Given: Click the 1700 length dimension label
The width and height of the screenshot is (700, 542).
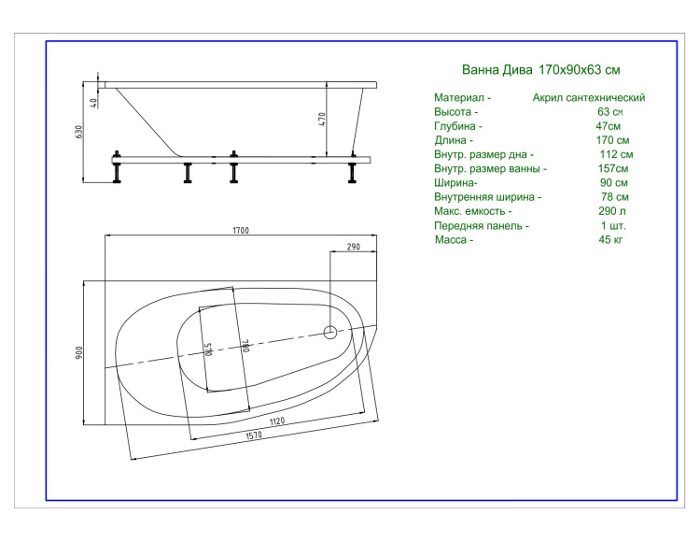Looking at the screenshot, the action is coord(241,231).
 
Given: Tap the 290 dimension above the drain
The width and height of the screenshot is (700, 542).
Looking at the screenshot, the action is coord(353,247).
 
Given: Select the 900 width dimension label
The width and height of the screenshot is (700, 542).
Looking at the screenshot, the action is coord(79,353).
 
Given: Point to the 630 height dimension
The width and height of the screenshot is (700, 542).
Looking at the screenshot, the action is coord(79,132).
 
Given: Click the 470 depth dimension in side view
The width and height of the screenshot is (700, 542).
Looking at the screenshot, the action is coord(322,119).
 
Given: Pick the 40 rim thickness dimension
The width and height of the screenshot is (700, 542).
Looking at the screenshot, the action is coord(93,103).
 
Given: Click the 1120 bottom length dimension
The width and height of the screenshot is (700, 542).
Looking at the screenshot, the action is coord(277,421).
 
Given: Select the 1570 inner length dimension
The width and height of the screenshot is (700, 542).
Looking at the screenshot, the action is coord(254,435).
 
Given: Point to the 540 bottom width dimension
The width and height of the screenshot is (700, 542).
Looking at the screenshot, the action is coord(208,349).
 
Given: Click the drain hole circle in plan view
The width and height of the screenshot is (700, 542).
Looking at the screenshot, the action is coord(329,333).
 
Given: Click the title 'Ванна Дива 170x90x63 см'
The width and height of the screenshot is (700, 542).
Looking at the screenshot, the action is coord(540,70).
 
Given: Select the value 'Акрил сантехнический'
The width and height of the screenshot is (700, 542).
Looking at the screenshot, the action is coord(588,97).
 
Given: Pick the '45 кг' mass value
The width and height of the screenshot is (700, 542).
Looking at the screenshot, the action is coord(610,239).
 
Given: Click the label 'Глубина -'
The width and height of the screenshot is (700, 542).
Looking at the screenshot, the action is coord(457,126).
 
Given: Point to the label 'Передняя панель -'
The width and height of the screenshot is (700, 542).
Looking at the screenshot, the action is coord(482,225).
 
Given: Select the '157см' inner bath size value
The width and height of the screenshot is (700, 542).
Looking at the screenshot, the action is coord(613,168).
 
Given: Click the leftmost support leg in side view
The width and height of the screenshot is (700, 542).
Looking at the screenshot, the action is coord(117,167).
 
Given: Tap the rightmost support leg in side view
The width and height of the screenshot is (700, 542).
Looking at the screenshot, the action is coord(352,168).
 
